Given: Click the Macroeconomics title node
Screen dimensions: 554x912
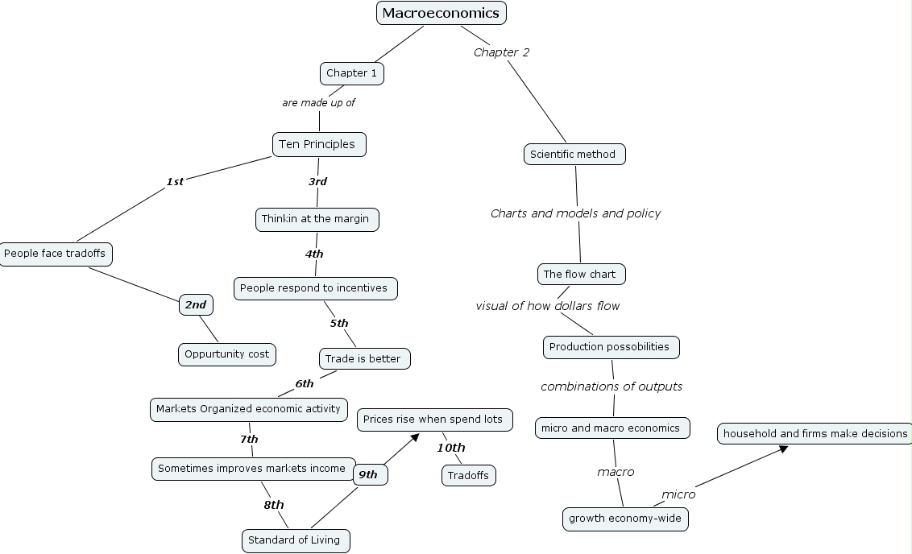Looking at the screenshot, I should (x=441, y=13).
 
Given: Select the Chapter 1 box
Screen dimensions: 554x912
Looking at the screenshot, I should (x=352, y=73).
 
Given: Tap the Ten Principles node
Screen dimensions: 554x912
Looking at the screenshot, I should (x=319, y=144).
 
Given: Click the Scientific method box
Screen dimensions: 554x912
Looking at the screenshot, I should (x=573, y=155).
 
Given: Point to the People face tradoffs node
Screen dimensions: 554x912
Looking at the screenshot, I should (x=56, y=254).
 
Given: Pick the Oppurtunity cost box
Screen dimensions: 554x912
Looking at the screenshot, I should (x=227, y=354).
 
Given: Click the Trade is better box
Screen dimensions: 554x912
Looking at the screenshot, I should (x=364, y=358).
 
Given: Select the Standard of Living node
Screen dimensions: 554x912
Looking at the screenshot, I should (x=296, y=540).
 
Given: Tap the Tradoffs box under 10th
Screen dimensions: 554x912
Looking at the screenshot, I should (x=468, y=476).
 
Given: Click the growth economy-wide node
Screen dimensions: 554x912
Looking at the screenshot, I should (x=625, y=519).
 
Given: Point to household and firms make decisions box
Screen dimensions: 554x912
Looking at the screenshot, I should (x=815, y=434).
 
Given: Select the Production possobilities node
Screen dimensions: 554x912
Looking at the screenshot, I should (x=611, y=347).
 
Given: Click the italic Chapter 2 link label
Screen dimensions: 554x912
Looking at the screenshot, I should (x=501, y=52).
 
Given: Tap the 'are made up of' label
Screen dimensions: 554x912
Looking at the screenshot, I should (x=318, y=103).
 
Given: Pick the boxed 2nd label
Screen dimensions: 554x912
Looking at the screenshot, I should (x=196, y=305).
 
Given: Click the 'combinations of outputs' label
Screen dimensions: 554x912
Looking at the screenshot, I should (x=611, y=387).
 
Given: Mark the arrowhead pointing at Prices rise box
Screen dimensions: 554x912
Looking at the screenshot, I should (x=415, y=436).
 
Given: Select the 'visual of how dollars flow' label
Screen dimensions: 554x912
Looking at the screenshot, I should (x=548, y=306).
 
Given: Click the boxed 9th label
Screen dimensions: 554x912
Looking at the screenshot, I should (x=369, y=475).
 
